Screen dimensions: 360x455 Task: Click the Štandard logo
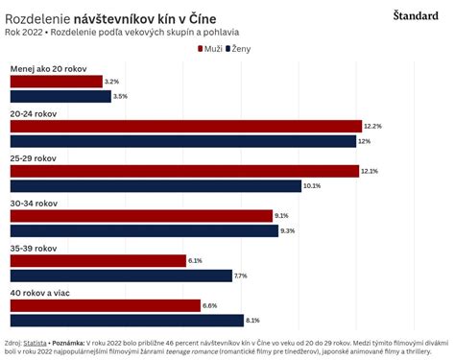coord(416,14)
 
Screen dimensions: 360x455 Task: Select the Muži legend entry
coord(202,48)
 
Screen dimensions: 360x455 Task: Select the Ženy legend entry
coord(235,48)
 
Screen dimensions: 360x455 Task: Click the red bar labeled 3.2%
coord(56,82)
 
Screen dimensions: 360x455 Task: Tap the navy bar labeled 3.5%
coord(58,96)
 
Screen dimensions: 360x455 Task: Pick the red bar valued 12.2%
coord(185,126)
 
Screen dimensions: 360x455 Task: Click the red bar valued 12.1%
coord(184,171)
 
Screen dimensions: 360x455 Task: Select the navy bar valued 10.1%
coord(156,185)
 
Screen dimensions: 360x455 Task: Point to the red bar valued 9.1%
coord(141,216)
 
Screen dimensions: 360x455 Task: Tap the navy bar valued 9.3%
coord(143,230)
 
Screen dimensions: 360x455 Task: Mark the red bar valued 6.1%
coord(97,260)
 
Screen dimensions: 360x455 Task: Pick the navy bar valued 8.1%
coord(126,320)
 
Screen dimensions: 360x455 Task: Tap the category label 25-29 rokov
coord(34,157)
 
